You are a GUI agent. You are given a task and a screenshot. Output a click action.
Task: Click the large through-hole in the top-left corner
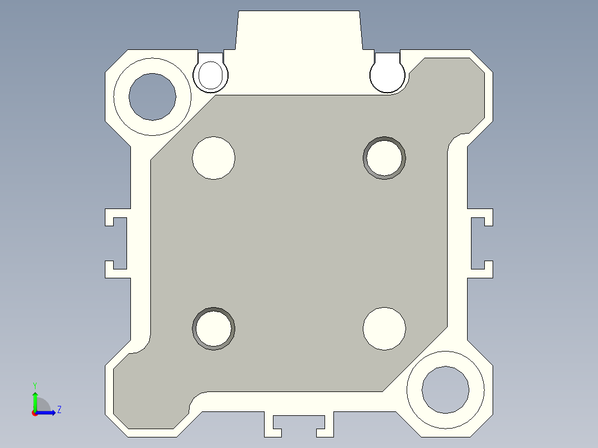click(x=153, y=96)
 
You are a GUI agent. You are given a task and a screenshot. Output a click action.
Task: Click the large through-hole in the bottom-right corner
click(x=445, y=389)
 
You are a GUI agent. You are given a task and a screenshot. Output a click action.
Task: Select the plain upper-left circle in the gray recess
click(x=214, y=158)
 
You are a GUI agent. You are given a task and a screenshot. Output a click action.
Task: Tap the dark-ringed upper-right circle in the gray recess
click(x=384, y=158)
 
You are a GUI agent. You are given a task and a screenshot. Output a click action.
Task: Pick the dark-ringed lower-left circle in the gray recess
click(x=214, y=328)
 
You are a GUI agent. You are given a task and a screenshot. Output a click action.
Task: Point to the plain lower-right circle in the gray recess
click(x=384, y=329)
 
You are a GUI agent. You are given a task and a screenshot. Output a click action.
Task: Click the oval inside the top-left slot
click(x=210, y=75)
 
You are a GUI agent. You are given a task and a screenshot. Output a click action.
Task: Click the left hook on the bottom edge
click(x=271, y=424)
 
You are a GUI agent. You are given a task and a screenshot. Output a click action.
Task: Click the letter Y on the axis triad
click(x=34, y=385)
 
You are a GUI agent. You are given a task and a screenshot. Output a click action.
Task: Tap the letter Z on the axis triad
click(x=59, y=410)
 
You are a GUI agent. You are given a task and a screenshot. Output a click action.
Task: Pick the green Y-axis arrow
click(x=35, y=400)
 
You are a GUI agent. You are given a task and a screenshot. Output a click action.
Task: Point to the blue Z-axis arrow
click(x=47, y=412)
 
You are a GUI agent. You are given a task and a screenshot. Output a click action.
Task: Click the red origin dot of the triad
click(x=34, y=413)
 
